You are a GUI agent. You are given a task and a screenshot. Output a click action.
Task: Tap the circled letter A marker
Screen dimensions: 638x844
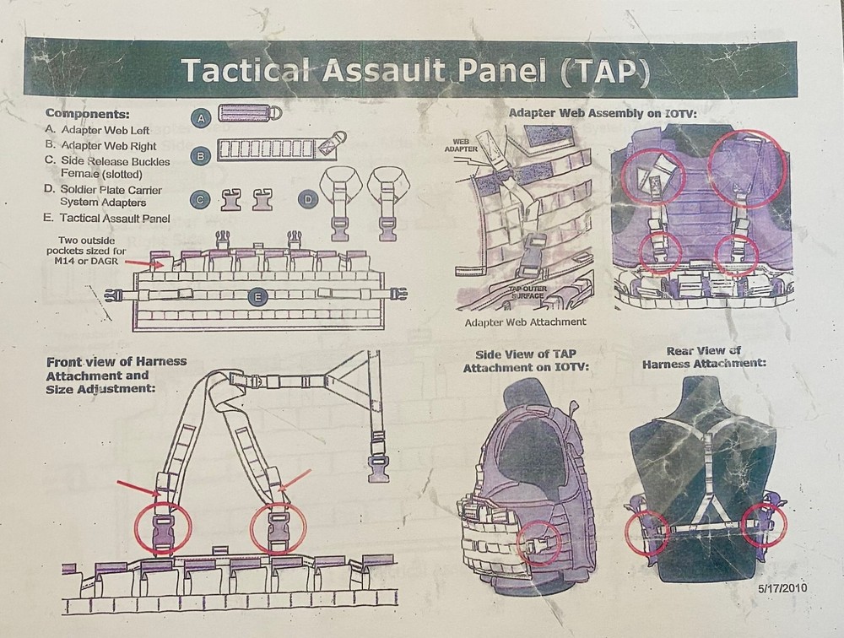pyautogui.click(x=201, y=119)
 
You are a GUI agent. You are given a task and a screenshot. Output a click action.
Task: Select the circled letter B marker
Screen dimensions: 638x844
pyautogui.click(x=201, y=155)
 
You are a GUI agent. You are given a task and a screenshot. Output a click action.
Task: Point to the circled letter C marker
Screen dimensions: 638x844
pyautogui.click(x=201, y=200)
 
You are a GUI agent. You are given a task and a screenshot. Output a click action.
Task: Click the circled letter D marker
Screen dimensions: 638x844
pyautogui.click(x=309, y=200)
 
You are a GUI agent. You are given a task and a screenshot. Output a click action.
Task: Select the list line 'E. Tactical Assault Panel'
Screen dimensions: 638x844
pyautogui.click(x=108, y=219)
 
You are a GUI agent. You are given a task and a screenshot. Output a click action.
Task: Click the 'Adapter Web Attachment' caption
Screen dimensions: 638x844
pyautogui.click(x=526, y=322)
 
